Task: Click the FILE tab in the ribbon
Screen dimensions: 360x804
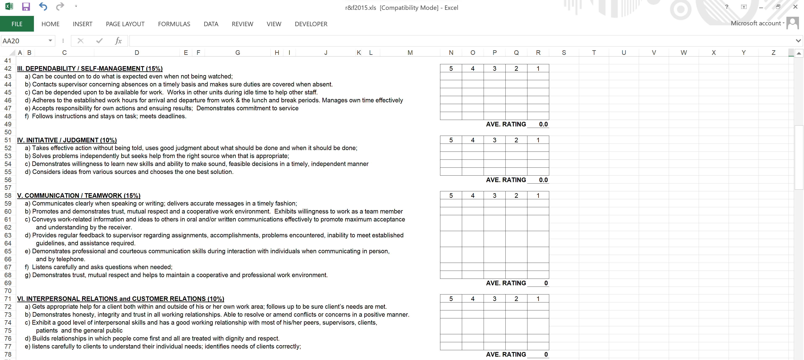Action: pos(17,24)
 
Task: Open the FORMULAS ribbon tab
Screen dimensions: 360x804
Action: pos(174,24)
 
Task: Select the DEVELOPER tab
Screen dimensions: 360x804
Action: pos(311,24)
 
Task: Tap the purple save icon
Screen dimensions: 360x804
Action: pos(26,6)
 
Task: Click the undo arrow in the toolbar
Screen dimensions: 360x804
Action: pos(43,6)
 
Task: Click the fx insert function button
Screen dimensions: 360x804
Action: pos(118,41)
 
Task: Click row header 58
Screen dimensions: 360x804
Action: pos(8,196)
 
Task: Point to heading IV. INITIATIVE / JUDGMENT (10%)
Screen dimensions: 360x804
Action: pos(67,140)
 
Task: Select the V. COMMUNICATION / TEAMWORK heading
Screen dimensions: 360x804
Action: pos(79,196)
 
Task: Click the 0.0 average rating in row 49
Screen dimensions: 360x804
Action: pos(543,124)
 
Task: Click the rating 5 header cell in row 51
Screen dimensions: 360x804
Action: pos(451,140)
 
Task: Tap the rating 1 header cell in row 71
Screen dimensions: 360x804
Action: pos(538,298)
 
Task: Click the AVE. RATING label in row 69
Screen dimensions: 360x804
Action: pos(506,283)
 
